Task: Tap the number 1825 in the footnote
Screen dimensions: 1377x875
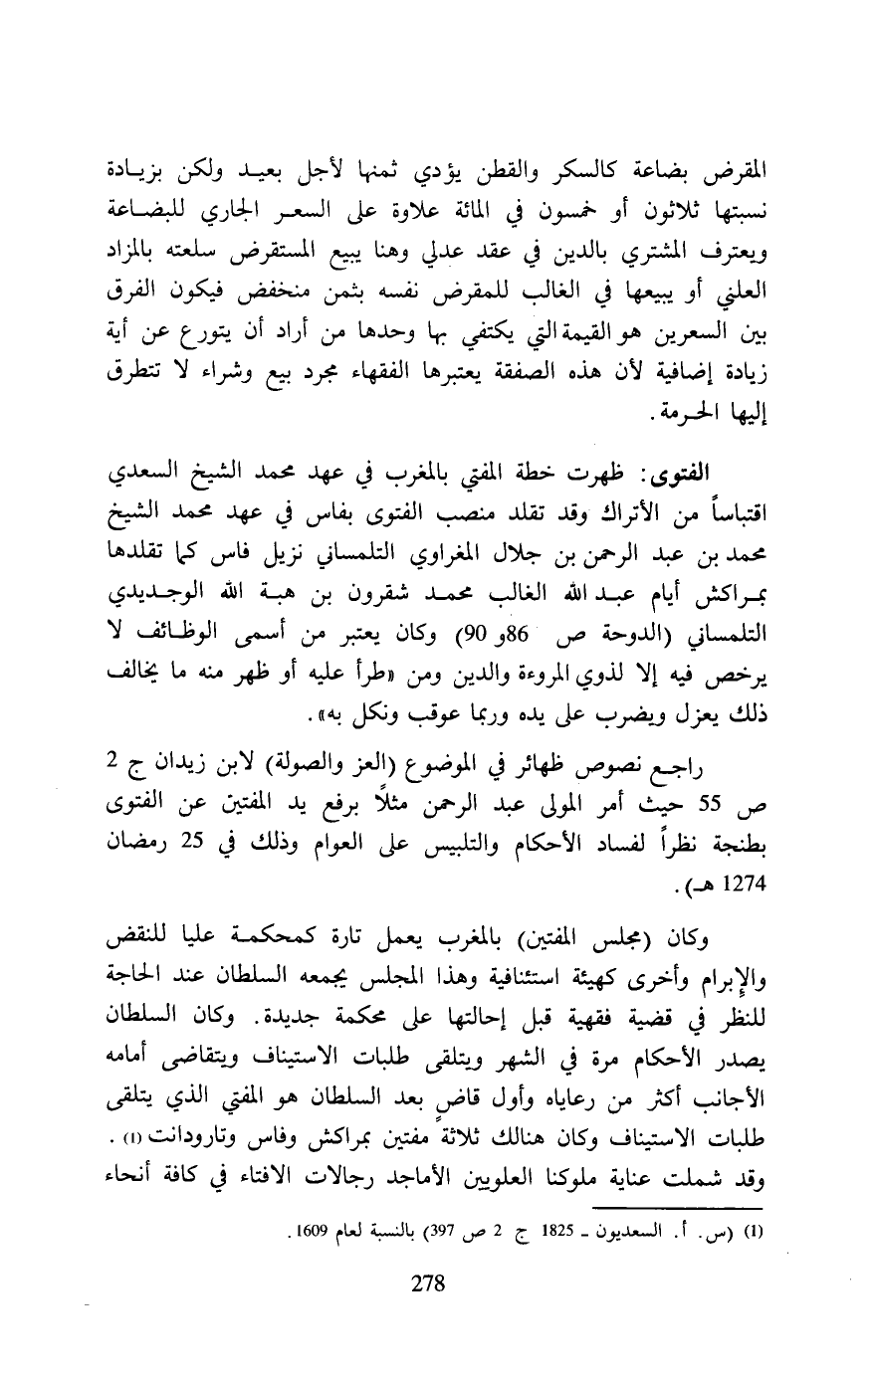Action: [x=559, y=1227]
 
